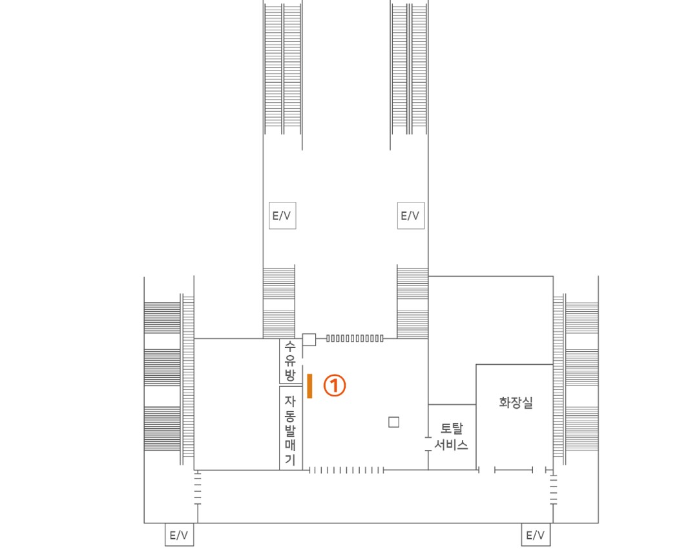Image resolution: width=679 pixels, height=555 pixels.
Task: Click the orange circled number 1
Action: click(335, 386)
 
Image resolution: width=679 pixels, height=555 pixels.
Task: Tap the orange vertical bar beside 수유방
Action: click(309, 386)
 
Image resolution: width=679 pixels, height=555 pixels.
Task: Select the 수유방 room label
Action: click(289, 361)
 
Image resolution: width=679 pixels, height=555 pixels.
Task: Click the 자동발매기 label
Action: click(290, 430)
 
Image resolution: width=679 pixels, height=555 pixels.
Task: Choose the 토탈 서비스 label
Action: click(451, 436)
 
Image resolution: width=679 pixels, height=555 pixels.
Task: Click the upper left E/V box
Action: click(282, 215)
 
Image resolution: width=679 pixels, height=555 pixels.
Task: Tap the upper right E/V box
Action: click(410, 215)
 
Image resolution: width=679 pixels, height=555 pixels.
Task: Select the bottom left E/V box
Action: click(179, 534)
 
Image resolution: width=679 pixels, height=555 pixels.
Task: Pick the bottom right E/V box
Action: click(536, 534)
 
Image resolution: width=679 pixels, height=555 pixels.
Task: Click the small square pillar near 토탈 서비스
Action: click(393, 422)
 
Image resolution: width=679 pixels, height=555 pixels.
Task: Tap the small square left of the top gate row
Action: click(309, 339)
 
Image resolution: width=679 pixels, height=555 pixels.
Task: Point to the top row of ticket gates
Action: click(355, 338)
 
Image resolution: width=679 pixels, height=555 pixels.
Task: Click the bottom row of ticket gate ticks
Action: click(346, 470)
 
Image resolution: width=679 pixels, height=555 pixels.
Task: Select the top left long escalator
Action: click(283, 69)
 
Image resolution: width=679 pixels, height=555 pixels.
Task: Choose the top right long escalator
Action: click(409, 69)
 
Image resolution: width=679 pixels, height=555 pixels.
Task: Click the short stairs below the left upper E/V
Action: click(279, 302)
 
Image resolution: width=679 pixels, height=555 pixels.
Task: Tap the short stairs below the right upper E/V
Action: click(413, 302)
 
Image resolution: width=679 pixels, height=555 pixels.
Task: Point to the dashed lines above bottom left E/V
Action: click(198, 488)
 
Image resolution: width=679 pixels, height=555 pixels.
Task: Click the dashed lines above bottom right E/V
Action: click(553, 488)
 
